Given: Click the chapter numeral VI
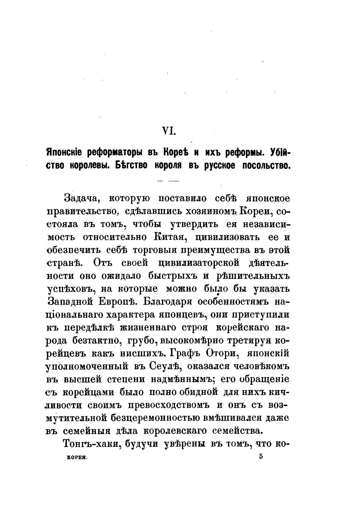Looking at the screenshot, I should tap(168, 130).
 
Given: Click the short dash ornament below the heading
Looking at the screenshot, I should tap(168, 181).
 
